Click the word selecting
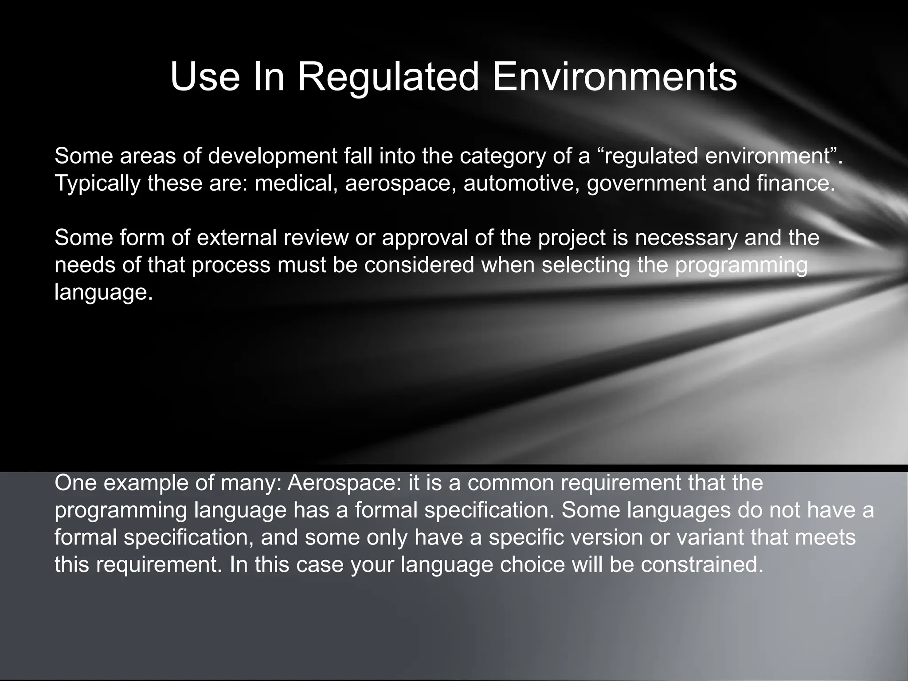coord(586,265)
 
